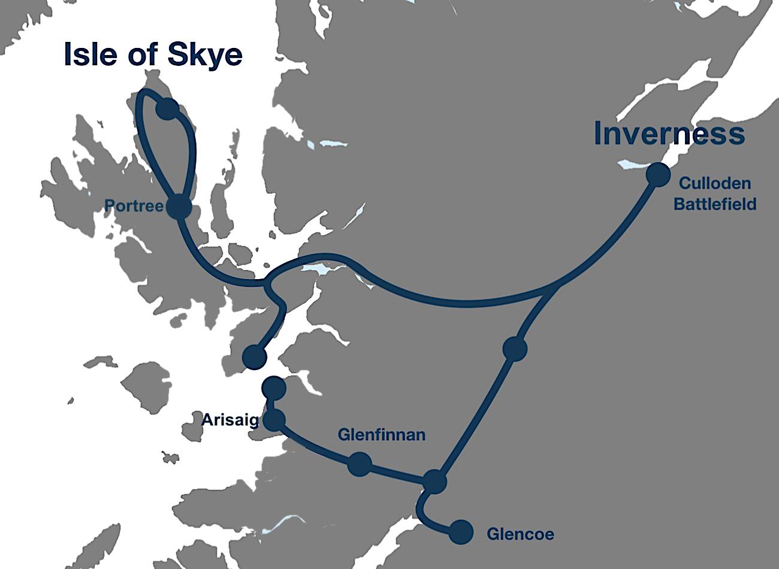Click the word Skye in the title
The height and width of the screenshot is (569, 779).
point(206,55)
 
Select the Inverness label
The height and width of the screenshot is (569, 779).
point(669,134)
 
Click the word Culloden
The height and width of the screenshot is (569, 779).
point(714,183)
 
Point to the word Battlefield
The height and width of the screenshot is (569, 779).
point(714,204)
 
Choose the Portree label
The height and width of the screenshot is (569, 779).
point(134,206)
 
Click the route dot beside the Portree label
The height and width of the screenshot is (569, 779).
point(179,208)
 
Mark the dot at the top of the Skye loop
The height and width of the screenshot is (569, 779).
point(167,109)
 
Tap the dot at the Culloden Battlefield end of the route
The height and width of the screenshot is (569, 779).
point(658,174)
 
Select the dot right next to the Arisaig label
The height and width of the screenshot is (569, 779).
point(274,420)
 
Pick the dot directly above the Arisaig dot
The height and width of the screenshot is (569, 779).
point(274,388)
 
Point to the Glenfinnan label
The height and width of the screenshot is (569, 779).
point(381,435)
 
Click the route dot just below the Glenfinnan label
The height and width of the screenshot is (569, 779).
point(360,464)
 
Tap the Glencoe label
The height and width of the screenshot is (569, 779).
point(520,534)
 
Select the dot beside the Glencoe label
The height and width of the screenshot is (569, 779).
point(461,532)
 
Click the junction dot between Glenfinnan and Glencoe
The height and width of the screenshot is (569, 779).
point(434,481)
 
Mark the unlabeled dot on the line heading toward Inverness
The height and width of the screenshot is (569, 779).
point(515,348)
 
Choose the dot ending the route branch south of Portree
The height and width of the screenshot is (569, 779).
point(254,356)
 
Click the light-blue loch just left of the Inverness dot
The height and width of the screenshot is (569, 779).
point(629,165)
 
